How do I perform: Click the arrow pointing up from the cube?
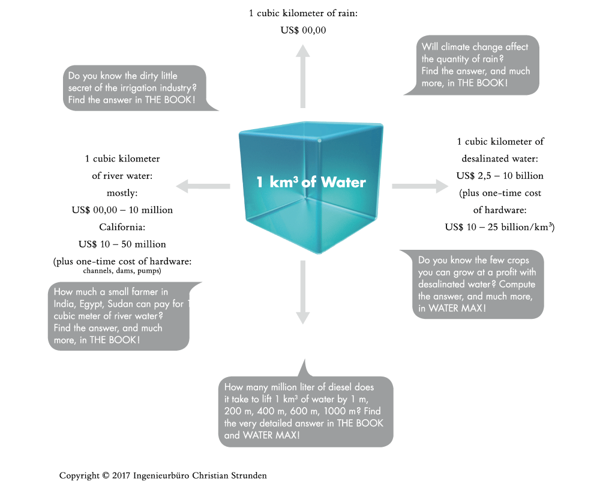coord(303,78)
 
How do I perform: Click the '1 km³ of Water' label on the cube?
coord(311,181)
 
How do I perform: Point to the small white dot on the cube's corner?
coord(319,141)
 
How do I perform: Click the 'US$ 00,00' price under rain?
coord(303,30)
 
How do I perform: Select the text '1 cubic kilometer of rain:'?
coord(303,13)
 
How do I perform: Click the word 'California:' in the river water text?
coord(122,228)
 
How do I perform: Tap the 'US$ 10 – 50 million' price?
coord(122,244)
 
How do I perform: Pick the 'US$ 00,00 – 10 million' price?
coord(122,210)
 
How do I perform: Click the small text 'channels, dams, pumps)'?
coord(122,271)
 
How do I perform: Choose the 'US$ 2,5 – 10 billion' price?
coord(500,176)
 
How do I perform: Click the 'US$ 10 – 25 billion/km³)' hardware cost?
coord(500,227)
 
